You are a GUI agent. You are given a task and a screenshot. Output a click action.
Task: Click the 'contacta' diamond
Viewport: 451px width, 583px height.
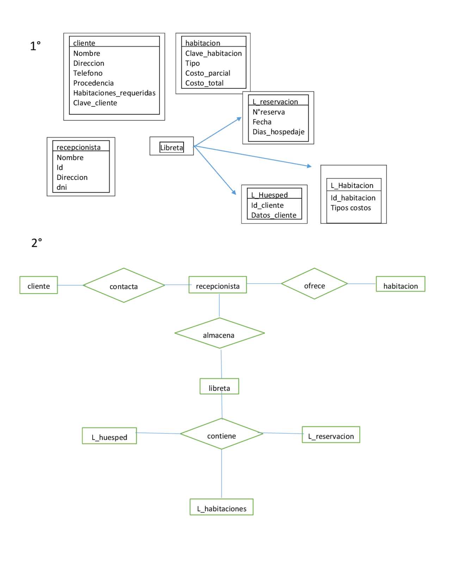click(124, 286)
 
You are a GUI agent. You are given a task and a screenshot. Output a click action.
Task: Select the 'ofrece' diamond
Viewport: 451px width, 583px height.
click(314, 284)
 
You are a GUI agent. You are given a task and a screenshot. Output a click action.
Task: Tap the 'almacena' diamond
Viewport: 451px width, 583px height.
click(219, 333)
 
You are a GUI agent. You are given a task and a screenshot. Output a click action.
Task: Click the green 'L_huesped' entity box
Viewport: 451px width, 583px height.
click(109, 436)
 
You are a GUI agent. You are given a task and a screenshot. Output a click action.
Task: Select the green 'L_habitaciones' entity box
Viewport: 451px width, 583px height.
click(221, 507)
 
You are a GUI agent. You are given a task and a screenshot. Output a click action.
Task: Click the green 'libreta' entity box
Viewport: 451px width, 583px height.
click(219, 387)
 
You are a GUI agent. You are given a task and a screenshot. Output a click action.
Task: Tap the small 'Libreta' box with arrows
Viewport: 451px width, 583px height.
click(172, 147)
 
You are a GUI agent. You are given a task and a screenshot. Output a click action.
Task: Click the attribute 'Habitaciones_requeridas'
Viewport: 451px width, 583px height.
click(114, 93)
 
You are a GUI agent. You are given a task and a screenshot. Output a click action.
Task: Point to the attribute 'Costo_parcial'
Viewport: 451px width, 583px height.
click(208, 73)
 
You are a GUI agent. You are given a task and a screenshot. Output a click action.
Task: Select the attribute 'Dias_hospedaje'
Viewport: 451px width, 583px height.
click(278, 132)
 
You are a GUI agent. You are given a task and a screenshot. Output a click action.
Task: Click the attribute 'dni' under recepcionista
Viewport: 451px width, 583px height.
click(62, 187)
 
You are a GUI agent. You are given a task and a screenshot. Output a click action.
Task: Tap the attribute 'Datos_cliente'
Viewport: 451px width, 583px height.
click(273, 215)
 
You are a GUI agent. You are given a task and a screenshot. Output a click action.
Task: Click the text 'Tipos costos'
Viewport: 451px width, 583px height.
click(351, 208)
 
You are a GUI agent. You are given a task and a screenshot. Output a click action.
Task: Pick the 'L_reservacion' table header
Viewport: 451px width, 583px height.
click(275, 102)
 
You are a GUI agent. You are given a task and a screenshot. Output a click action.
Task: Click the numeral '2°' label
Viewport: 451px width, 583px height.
click(36, 243)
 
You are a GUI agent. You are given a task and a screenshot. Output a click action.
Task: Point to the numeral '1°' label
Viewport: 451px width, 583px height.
click(35, 46)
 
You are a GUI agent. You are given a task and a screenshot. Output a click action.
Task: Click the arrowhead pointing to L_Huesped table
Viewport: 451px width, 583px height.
click(234, 192)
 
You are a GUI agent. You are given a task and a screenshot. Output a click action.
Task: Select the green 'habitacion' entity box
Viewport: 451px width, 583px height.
click(400, 284)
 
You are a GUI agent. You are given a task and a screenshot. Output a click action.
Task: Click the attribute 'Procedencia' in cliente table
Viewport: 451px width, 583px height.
click(93, 83)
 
